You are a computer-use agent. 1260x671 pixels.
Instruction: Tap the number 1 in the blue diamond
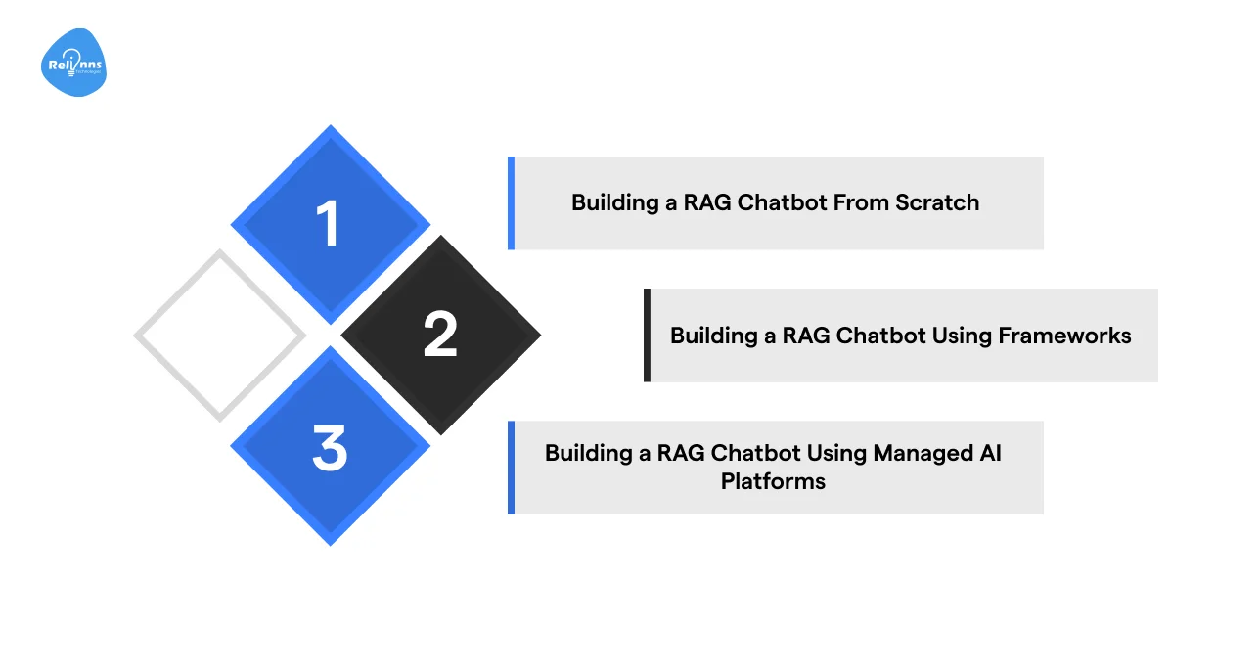tap(330, 224)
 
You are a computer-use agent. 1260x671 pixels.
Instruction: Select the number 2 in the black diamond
tap(440, 335)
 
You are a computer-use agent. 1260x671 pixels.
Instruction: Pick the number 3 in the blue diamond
tap(330, 448)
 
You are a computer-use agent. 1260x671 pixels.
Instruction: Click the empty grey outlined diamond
tap(220, 335)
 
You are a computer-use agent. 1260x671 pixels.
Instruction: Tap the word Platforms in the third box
tap(773, 481)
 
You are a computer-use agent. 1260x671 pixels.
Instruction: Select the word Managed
tap(917, 453)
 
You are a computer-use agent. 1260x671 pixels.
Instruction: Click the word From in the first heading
tap(856, 202)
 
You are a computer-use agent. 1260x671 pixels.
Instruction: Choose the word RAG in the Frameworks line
tap(804, 335)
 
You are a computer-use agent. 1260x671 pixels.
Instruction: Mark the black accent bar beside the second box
tap(647, 335)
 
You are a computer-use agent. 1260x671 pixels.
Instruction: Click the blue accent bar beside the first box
tap(511, 202)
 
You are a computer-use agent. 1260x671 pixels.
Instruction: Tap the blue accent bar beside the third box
tap(511, 468)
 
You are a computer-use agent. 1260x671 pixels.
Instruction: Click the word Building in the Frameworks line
tap(711, 335)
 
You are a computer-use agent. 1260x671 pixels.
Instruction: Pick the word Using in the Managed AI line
tap(836, 453)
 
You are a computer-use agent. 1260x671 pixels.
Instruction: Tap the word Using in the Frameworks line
tap(962, 335)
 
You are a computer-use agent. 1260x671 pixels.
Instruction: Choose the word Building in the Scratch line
tap(612, 202)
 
